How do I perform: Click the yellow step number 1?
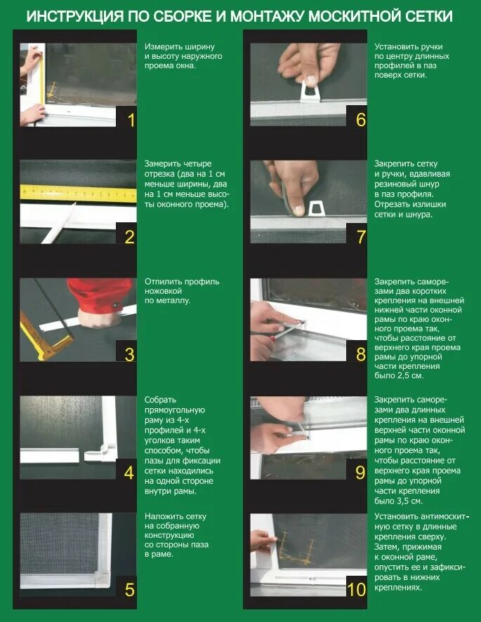click(x=131, y=121)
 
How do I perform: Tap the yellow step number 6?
click(x=361, y=120)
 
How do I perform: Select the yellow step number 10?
click(x=356, y=590)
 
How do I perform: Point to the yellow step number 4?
click(x=129, y=473)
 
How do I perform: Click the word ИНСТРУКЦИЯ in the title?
click(x=75, y=17)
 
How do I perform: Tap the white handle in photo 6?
click(x=310, y=91)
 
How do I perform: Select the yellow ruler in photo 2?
click(x=78, y=194)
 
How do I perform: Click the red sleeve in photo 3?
click(x=101, y=295)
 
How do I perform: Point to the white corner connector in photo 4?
click(x=100, y=452)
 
